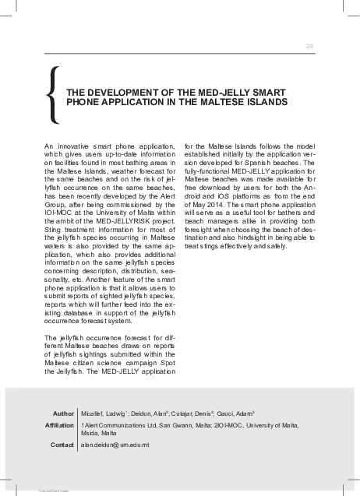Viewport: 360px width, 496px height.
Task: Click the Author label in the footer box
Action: pos(63,412)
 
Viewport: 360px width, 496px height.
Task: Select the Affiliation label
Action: pos(59,424)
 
